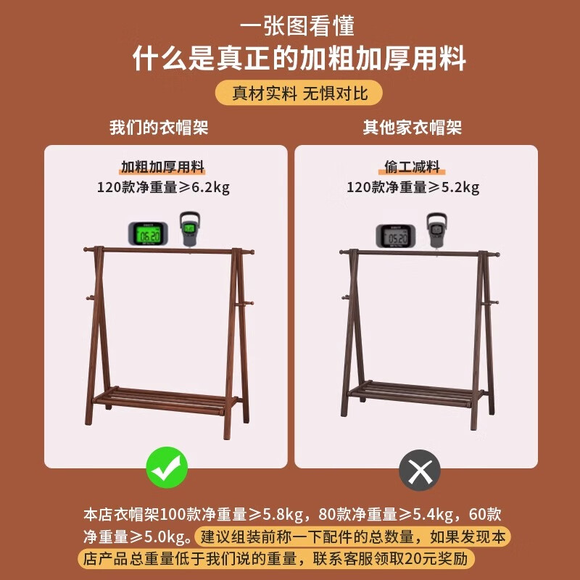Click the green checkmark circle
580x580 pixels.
(167, 468)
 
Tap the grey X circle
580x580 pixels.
(420, 470)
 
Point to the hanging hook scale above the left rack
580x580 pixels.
(189, 230)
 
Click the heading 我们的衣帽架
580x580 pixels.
(159, 128)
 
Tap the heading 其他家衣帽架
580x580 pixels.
(412, 128)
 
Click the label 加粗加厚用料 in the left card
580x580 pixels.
(162, 167)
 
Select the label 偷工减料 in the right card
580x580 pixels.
(412, 167)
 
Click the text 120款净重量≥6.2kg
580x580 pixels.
(163, 188)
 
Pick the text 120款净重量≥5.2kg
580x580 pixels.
(413, 188)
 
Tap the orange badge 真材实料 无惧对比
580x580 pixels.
(299, 94)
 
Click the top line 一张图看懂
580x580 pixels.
(297, 27)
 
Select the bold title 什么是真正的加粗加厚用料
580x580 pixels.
(299, 59)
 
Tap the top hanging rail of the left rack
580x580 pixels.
(167, 250)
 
